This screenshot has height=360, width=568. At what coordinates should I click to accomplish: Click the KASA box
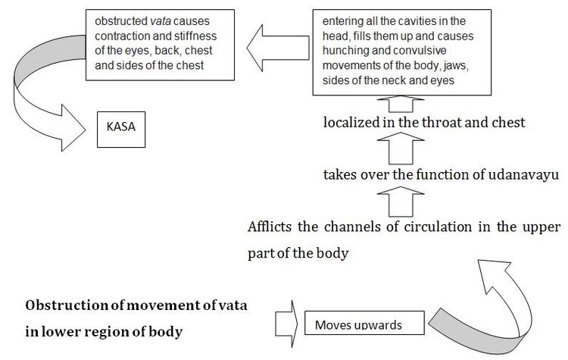(120, 129)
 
